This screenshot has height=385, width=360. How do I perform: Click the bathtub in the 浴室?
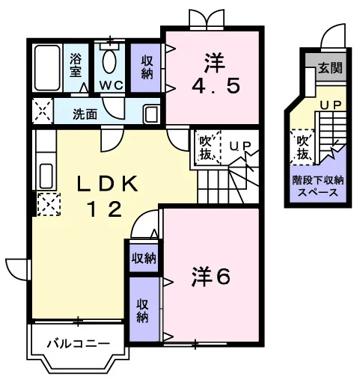point(47,68)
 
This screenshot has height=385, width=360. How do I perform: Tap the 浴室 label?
point(76,65)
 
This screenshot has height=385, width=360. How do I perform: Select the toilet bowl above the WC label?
point(109,61)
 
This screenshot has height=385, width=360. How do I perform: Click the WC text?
point(112,85)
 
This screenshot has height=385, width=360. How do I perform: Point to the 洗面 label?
point(85,114)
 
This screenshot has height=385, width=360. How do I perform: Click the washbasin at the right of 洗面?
point(151,114)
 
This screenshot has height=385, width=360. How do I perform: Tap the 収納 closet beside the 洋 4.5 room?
point(146,68)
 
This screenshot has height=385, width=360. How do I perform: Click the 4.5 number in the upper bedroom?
point(216,85)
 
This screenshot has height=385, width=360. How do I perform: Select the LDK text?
point(107,184)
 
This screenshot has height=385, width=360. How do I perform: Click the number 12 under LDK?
point(105,209)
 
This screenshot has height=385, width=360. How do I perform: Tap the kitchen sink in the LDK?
point(46,176)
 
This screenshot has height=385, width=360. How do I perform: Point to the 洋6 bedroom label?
point(211,277)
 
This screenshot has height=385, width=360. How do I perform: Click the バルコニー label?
point(79,344)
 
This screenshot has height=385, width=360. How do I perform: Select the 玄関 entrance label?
point(330,67)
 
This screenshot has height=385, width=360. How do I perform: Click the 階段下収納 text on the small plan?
point(318,180)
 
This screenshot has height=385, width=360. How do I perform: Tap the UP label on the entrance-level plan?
point(331,105)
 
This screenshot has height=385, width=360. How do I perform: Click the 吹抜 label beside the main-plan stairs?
point(206,148)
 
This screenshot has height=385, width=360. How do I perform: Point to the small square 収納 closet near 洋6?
point(144,258)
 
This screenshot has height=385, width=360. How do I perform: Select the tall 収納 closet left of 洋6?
point(144,309)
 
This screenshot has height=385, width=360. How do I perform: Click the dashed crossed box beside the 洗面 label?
point(43,111)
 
